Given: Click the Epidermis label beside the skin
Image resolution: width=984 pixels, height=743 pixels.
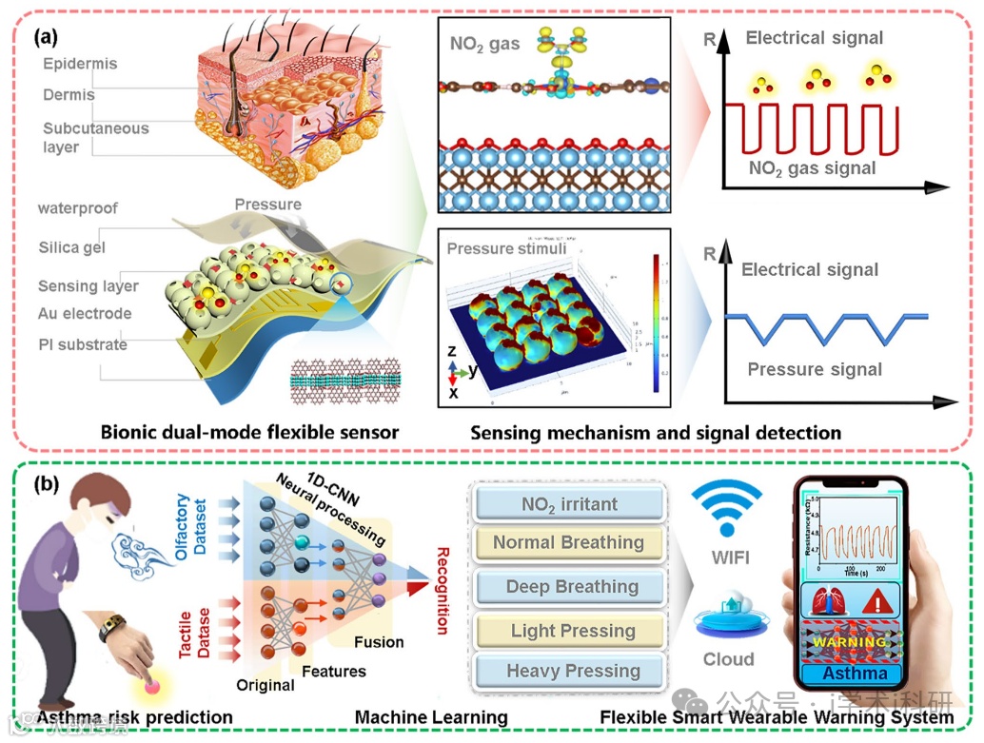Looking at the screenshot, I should (x=80, y=64).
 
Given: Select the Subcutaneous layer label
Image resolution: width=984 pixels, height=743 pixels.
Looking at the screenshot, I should (x=95, y=138).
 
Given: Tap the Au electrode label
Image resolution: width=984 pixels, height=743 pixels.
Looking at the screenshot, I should (x=85, y=313).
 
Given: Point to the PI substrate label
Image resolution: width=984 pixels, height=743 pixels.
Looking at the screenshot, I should (x=83, y=344).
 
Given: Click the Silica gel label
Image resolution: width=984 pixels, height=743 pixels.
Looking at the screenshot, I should (x=71, y=247).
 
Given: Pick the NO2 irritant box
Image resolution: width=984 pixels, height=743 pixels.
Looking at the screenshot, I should (x=569, y=504).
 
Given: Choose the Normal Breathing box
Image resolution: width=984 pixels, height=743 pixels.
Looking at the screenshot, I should (x=569, y=543).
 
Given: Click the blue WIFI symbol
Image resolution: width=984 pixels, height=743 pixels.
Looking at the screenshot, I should (x=727, y=508).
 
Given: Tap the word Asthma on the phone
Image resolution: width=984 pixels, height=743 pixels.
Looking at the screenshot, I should (x=854, y=675).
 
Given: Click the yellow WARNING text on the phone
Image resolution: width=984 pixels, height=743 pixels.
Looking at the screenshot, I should (x=855, y=642).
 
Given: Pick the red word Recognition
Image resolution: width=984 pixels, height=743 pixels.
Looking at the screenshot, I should (x=441, y=590).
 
